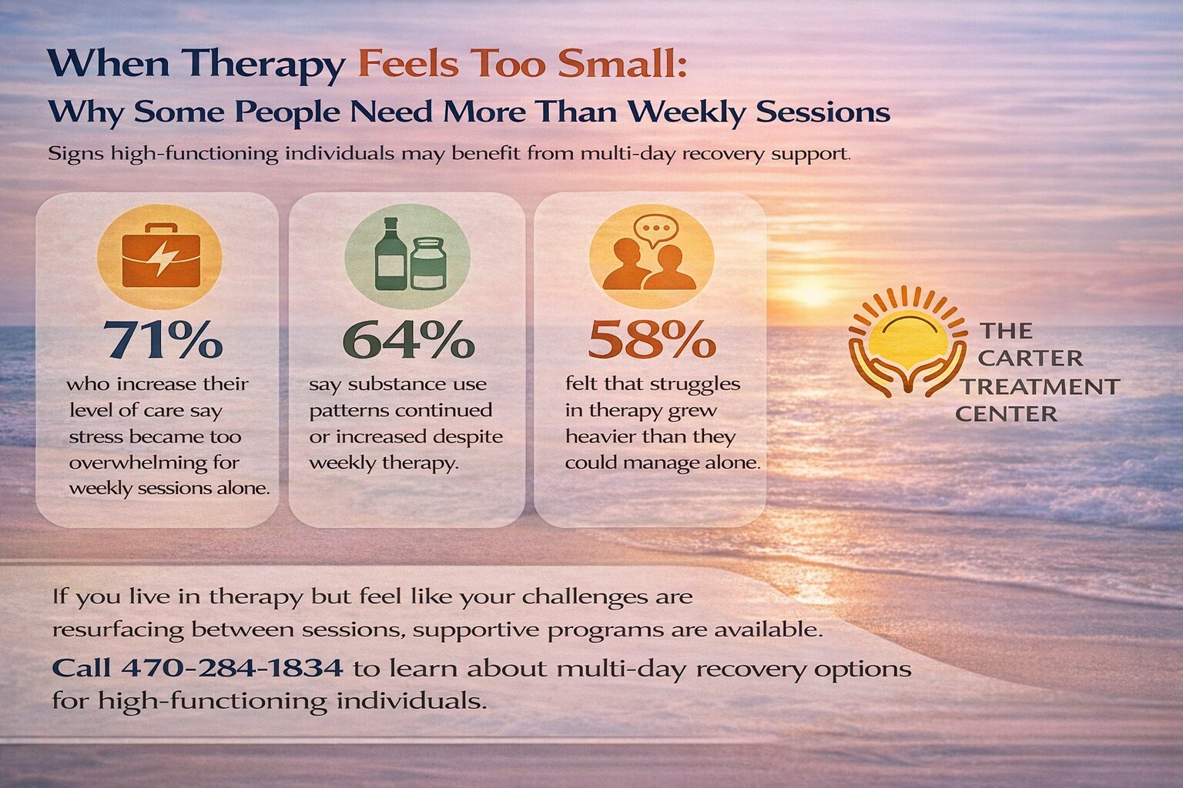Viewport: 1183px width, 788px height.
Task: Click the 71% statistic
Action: click(163, 339)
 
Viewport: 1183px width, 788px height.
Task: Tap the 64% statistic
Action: click(407, 339)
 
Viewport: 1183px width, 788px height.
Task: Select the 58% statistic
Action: click(652, 339)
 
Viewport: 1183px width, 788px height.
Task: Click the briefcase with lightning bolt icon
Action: click(160, 256)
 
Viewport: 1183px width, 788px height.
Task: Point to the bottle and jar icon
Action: click(408, 254)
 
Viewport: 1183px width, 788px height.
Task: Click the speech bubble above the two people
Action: click(655, 229)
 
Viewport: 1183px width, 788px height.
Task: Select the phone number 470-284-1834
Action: click(232, 667)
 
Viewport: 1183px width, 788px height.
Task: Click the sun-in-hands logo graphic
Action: click(907, 341)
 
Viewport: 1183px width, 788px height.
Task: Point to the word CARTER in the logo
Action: click(1031, 359)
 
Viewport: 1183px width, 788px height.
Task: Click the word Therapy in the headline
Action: click(270, 64)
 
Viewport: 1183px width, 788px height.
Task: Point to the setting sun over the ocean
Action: click(811, 294)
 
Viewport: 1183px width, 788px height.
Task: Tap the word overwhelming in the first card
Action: click(154, 463)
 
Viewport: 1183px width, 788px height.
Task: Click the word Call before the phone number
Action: click(82, 667)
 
